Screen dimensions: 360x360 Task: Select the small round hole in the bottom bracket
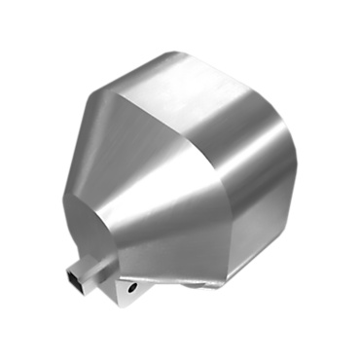pos(132,289)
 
